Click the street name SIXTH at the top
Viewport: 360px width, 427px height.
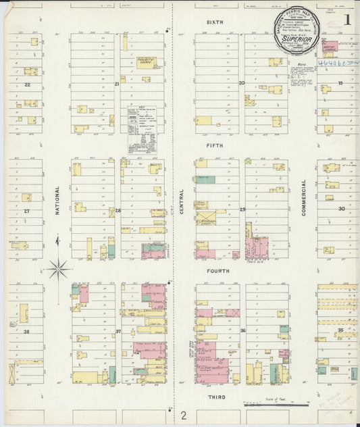click(x=214, y=22)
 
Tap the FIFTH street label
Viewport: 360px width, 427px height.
click(x=214, y=145)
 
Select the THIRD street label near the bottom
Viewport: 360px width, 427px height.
click(x=216, y=397)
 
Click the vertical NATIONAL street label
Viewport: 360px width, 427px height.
click(x=58, y=200)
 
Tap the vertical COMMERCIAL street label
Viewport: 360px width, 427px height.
click(x=305, y=197)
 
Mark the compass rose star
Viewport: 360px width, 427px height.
click(x=58, y=269)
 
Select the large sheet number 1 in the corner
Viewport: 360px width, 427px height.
click(x=347, y=20)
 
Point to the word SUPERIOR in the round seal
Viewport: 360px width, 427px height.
click(x=296, y=39)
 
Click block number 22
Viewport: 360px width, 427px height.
click(x=27, y=84)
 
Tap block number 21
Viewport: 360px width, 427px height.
click(x=116, y=84)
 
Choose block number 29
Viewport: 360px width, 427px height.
click(x=242, y=210)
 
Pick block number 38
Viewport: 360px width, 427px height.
click(x=27, y=332)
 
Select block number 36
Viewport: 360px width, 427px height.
click(x=242, y=331)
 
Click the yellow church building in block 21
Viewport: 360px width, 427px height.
click(x=146, y=61)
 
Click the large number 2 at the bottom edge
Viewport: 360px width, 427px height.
click(x=183, y=416)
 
